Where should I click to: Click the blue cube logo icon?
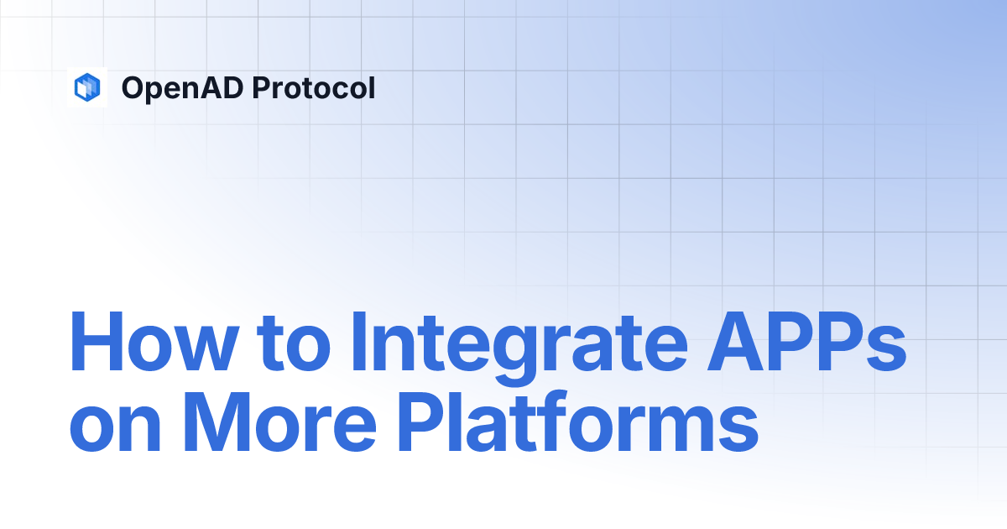click(87, 86)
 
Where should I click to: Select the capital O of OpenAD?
click(135, 87)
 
